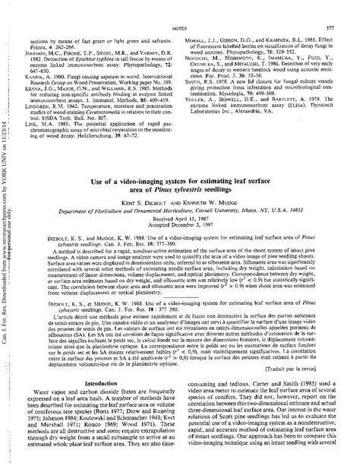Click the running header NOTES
(x=180, y=7)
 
